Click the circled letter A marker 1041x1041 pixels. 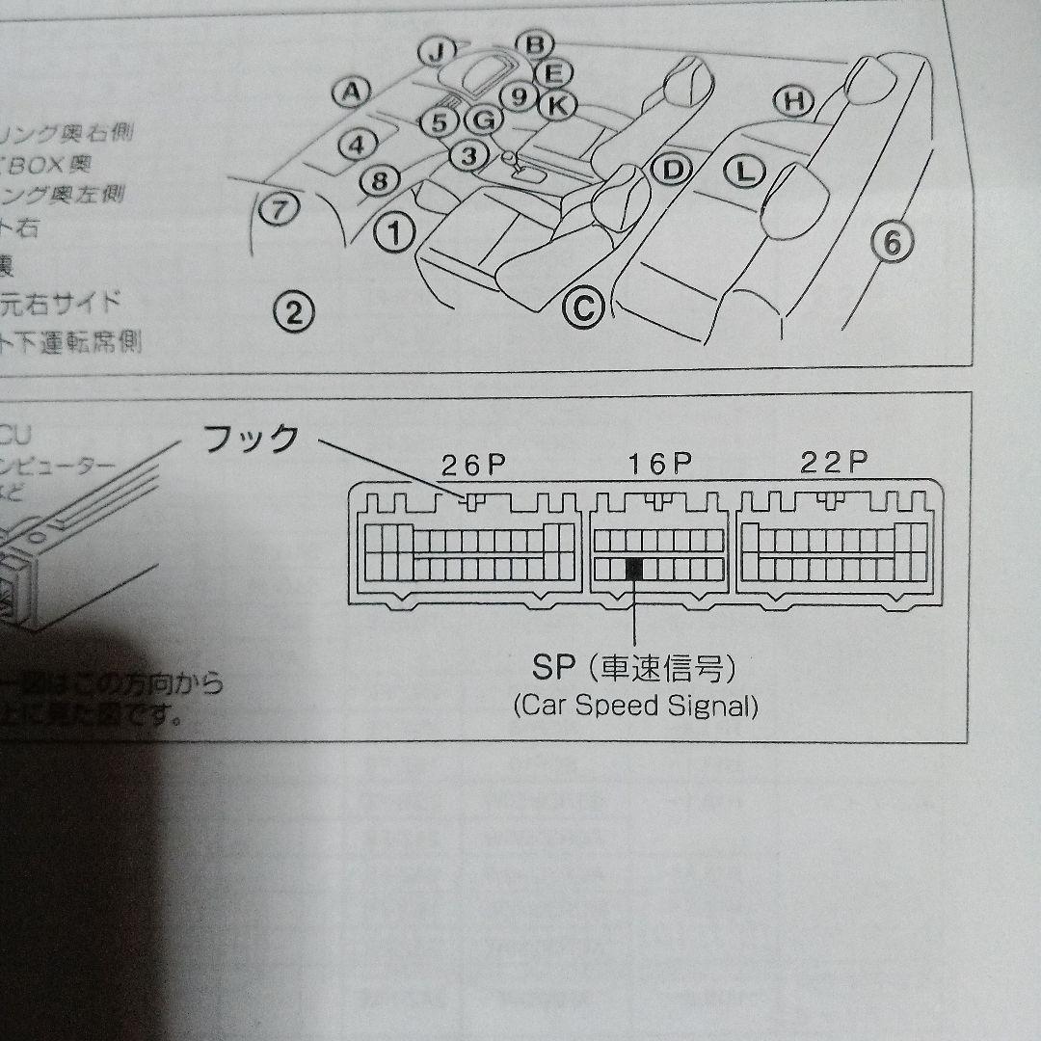pos(352,93)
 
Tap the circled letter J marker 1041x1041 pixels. pos(438,51)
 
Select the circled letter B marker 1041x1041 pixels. pos(535,44)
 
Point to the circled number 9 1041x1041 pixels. pos(520,96)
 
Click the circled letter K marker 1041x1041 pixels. pos(555,104)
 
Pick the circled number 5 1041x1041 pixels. pos(439,122)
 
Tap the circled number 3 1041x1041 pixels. pos(468,155)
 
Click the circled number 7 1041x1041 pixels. pos(277,209)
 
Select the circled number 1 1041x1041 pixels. pos(393,231)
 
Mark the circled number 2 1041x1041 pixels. pos(294,310)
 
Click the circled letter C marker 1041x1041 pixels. pos(582,307)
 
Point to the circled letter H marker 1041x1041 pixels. pos(793,100)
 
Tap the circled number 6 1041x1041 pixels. pos(892,244)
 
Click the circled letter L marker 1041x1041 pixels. pos(743,173)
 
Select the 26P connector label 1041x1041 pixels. pos(473,465)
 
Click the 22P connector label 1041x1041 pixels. pos(834,463)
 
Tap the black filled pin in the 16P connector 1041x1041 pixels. pos(634,569)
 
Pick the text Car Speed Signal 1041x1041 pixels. pos(635,706)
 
